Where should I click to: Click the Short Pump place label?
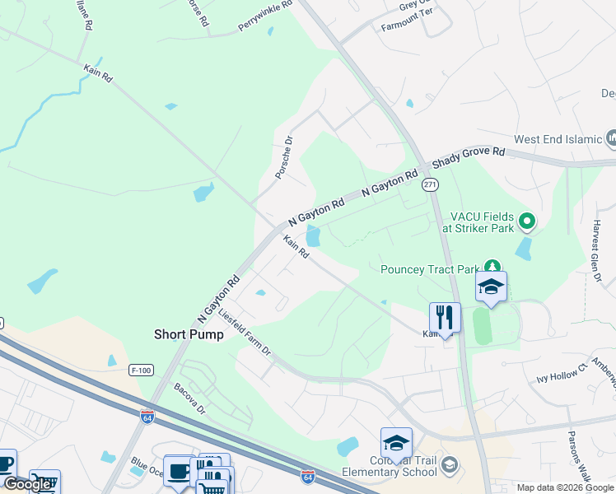[x=189, y=334]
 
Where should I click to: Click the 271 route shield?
[x=430, y=185]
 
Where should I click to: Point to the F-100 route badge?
[x=142, y=370]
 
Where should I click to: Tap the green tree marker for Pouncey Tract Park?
[x=492, y=266]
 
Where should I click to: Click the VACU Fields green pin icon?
[x=528, y=221]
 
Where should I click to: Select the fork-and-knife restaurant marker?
[x=445, y=317]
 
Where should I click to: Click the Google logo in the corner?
[x=27, y=484]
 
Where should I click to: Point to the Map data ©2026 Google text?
[x=565, y=487]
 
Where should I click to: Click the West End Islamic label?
[x=558, y=140]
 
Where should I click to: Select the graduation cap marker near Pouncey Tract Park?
[x=491, y=287]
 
